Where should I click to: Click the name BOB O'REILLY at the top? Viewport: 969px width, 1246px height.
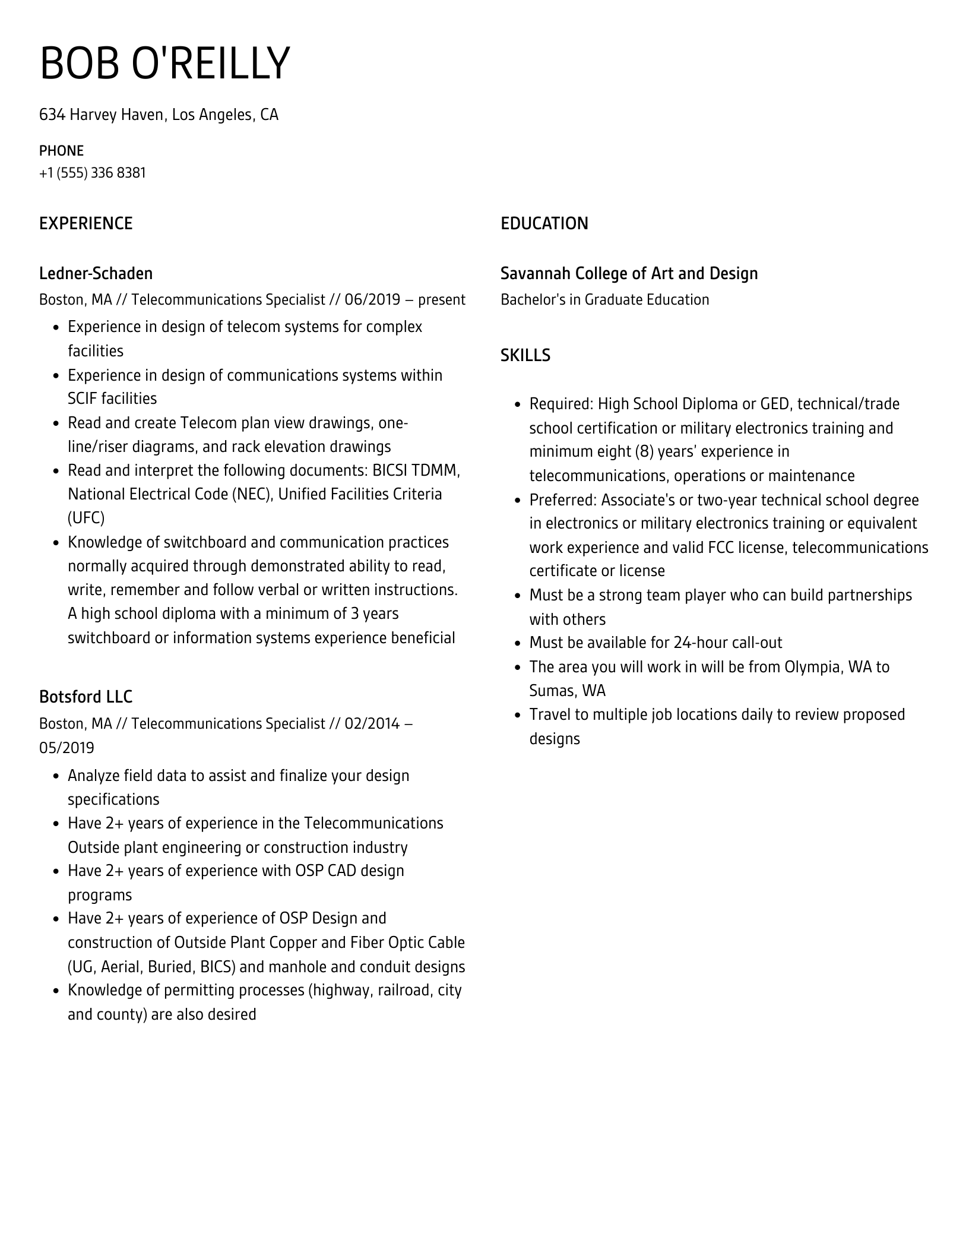click(x=164, y=63)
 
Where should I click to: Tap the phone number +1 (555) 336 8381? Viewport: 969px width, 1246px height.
click(x=93, y=173)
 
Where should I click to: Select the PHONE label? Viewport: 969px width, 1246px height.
click(x=61, y=151)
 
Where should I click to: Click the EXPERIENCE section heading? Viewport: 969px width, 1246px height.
click(x=86, y=224)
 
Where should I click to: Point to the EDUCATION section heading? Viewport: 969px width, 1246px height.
click(x=544, y=224)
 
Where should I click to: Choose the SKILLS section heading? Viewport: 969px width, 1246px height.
click(x=525, y=355)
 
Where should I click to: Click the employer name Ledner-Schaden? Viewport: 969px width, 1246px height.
click(x=96, y=274)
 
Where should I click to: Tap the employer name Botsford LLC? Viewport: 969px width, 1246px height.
click(x=85, y=697)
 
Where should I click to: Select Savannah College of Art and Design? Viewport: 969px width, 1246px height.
click(x=629, y=274)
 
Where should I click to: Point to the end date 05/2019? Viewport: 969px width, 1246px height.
click(x=66, y=748)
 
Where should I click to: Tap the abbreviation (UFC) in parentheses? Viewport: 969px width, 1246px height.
click(x=86, y=518)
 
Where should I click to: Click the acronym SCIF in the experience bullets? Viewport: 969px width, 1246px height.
click(x=83, y=399)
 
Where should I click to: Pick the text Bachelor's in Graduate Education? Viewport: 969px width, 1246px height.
click(x=604, y=300)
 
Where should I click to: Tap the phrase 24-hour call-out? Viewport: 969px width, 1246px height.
click(x=727, y=643)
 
